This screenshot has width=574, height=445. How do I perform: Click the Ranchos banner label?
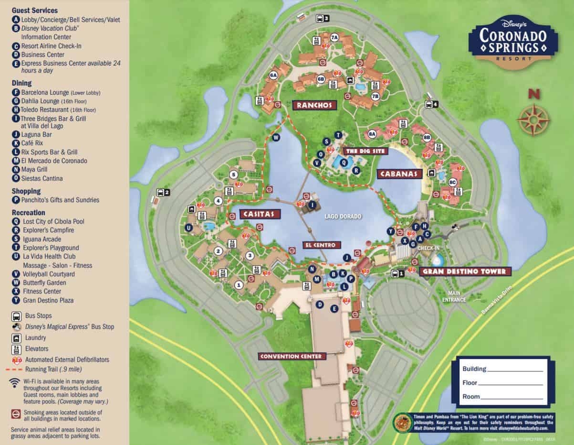313,105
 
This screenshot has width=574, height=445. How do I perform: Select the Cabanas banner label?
400,174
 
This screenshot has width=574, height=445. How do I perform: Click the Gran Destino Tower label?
465,271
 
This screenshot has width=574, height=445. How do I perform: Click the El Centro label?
322,245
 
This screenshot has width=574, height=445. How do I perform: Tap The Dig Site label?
365,151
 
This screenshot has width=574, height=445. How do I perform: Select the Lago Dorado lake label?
343,217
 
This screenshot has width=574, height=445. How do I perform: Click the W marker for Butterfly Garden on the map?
276,137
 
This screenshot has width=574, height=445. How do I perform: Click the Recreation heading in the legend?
29,212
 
